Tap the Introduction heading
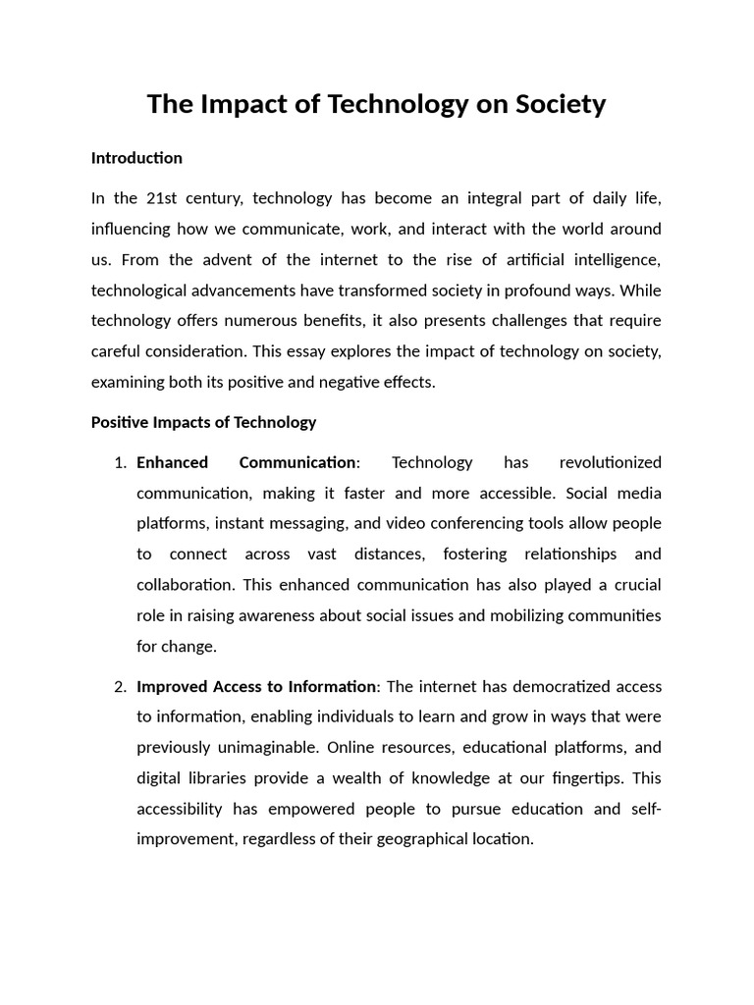[136, 158]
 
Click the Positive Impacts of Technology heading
[203, 422]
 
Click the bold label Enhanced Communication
[246, 462]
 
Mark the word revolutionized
[611, 462]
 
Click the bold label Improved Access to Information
[256, 687]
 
